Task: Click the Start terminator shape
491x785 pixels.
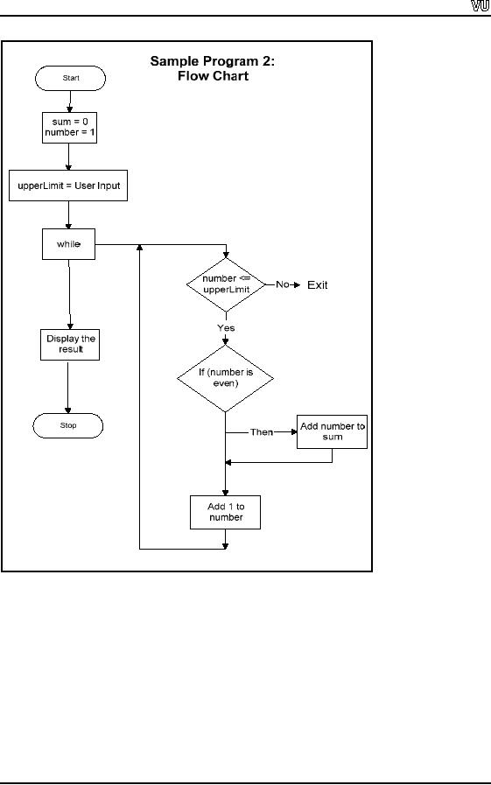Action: (70, 78)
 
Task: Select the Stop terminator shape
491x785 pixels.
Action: (68, 425)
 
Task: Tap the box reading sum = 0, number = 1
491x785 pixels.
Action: (69, 128)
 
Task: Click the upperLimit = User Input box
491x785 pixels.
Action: (68, 186)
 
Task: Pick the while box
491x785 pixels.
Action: (68, 244)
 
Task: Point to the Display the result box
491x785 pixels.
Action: (70, 345)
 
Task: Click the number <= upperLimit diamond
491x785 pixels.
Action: (226, 284)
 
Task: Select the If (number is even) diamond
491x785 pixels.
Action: (225, 378)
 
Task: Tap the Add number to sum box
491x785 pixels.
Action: (332, 431)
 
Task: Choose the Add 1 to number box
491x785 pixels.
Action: (225, 512)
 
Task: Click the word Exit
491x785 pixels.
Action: (318, 285)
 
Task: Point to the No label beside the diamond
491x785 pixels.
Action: (283, 284)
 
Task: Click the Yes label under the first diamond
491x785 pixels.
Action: (226, 328)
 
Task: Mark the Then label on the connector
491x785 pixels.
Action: (262, 432)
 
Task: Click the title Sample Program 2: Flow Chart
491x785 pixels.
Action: (213, 68)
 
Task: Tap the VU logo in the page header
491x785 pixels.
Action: (480, 6)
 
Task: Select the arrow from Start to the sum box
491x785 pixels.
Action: (70, 102)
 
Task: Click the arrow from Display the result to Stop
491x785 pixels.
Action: (68, 387)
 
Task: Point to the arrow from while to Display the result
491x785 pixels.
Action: (69, 294)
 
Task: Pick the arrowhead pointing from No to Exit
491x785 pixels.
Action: (298, 285)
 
